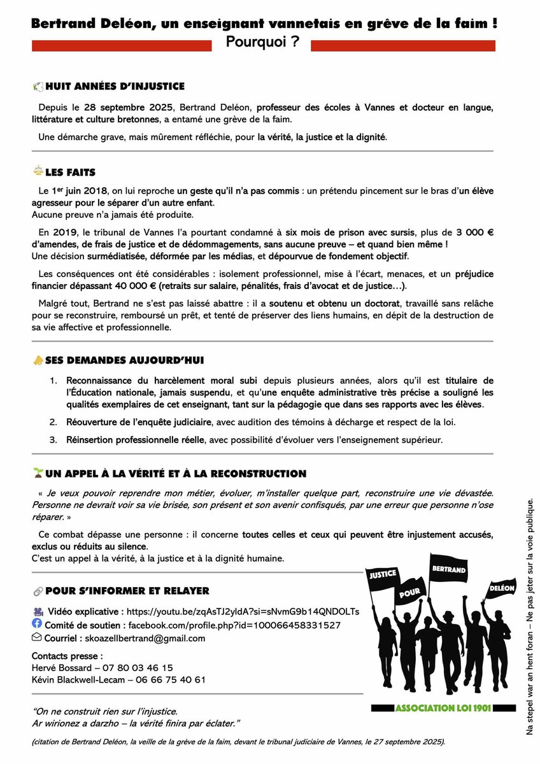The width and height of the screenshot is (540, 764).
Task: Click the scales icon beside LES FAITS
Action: tap(37, 172)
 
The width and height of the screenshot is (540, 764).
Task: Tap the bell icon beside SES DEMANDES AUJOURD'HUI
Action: tap(38, 360)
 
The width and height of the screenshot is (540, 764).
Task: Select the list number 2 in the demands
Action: tap(53, 421)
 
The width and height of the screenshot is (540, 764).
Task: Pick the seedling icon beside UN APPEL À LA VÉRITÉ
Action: tap(38, 473)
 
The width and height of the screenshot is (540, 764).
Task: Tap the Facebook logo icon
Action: tap(37, 624)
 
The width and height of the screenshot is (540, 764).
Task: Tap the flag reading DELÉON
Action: tap(502, 589)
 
